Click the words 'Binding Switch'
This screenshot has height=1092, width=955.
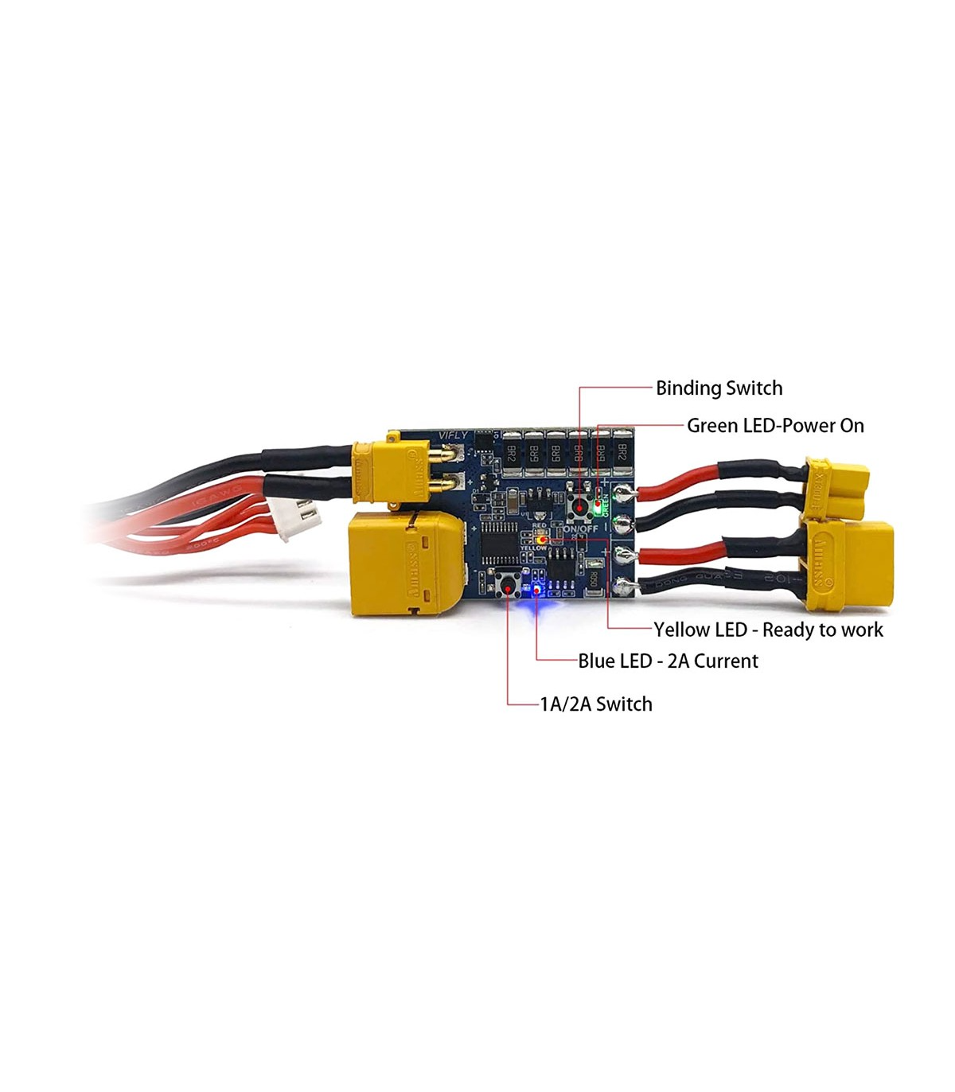point(719,388)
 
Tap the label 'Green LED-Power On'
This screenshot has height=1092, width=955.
point(775,426)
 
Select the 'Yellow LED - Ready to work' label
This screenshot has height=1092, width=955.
point(768,630)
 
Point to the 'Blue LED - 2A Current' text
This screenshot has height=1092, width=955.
point(668,661)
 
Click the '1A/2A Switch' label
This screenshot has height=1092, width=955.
point(596,704)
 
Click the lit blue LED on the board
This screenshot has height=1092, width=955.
point(536,590)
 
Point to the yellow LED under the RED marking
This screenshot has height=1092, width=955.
point(541,539)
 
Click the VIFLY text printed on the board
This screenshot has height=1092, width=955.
point(454,435)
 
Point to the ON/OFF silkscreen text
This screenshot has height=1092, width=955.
point(580,528)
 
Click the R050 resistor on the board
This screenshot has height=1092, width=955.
point(594,579)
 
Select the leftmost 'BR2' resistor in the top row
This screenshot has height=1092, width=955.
point(510,454)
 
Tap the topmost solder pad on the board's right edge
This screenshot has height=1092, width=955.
point(623,495)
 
